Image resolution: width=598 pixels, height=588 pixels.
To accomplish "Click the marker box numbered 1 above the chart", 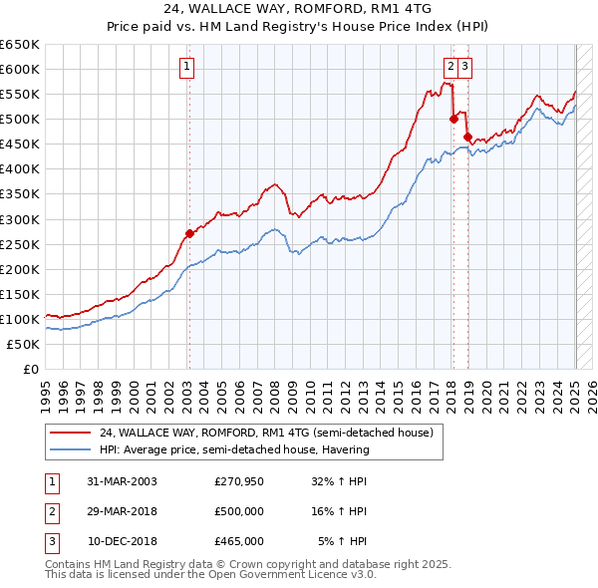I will [x=187, y=68].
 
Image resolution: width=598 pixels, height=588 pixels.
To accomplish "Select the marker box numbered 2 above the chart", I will [x=450, y=68].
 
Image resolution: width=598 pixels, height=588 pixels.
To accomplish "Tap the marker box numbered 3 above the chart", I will [x=465, y=68].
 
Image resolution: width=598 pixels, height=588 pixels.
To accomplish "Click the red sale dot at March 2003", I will [x=189, y=233].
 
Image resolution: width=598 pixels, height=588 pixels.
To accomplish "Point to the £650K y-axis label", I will [x=20, y=45].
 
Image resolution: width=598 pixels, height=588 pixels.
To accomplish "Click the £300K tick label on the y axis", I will [x=20, y=219].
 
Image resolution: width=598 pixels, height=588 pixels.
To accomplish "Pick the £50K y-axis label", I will [x=24, y=344].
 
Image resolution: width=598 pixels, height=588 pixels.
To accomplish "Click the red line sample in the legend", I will [x=71, y=434].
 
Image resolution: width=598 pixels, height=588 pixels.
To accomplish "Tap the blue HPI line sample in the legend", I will [x=71, y=449].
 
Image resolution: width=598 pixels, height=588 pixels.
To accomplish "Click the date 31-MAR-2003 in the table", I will [x=122, y=481].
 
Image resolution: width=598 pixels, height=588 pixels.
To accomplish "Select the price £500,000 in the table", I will [x=239, y=511].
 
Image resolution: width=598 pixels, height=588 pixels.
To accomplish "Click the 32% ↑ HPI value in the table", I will [x=340, y=481].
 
